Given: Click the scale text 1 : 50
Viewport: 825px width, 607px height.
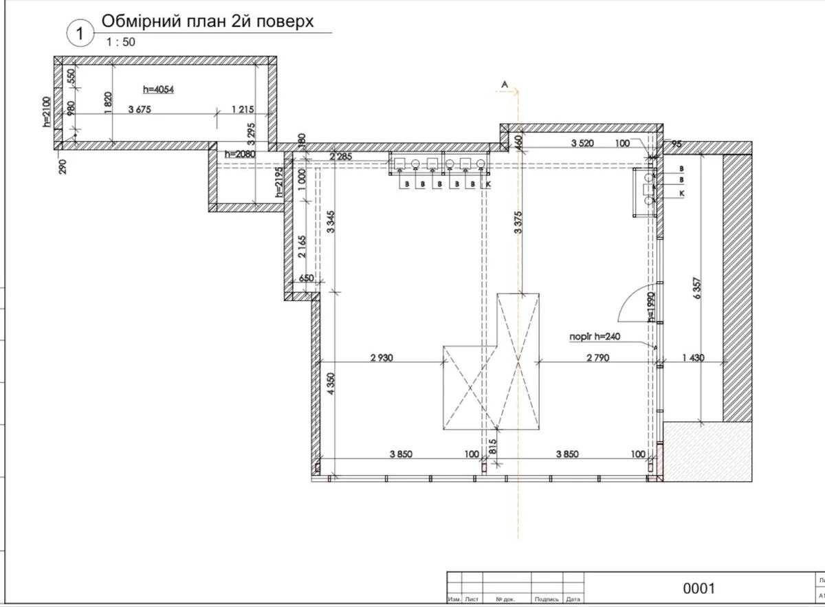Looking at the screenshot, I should click(x=121, y=42).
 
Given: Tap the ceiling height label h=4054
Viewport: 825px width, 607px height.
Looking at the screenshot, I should click(x=159, y=89).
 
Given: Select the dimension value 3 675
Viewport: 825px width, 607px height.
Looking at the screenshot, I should click(x=140, y=109).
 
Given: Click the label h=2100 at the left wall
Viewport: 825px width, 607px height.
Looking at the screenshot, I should click(x=47, y=112).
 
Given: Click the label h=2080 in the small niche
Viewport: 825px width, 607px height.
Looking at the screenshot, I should click(x=239, y=154).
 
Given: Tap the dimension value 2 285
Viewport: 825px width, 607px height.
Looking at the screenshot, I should click(x=340, y=157).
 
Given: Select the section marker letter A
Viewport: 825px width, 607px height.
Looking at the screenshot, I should click(x=504, y=84).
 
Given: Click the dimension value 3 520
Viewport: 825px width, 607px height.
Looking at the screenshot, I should click(x=583, y=143).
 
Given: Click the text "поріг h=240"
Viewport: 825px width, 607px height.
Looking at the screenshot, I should click(x=595, y=337).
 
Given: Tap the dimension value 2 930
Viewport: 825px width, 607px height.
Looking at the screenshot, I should click(x=382, y=357).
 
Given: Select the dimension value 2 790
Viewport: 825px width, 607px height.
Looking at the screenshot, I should click(x=599, y=357).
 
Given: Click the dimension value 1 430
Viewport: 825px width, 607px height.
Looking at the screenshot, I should click(x=693, y=357).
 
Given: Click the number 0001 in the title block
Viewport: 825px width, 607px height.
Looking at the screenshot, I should click(x=698, y=588).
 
